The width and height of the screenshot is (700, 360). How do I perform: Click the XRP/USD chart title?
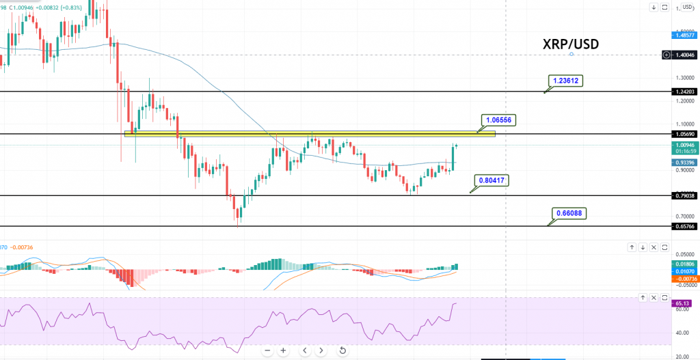(571, 44)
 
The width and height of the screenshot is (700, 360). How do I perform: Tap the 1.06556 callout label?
(498, 120)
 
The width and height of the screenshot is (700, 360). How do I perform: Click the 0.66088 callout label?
(569, 212)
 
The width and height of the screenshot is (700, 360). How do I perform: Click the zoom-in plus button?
(284, 350)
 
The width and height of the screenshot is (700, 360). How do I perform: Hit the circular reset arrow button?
(342, 350)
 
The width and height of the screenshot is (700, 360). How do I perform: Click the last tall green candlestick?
(453, 157)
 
